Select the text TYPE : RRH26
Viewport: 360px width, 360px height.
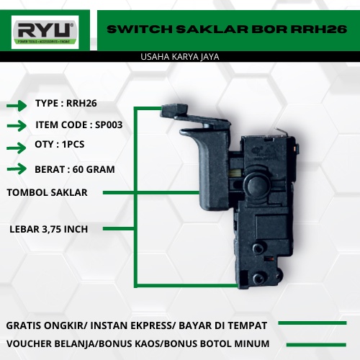pos(66,104)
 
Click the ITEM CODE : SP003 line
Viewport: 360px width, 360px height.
pos(78,125)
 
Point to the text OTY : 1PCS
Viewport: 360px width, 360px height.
pos(60,144)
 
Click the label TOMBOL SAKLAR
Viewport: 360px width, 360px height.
pos(48,192)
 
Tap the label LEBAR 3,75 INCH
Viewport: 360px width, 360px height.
pos(49,229)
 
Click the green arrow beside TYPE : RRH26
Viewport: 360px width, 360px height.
pos(17,106)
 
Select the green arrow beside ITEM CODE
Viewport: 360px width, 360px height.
pos(17,127)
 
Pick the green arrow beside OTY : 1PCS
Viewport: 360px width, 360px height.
pos(17,148)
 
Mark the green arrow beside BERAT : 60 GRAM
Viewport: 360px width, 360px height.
pos(17,170)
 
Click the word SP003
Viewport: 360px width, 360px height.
pos(109,125)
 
